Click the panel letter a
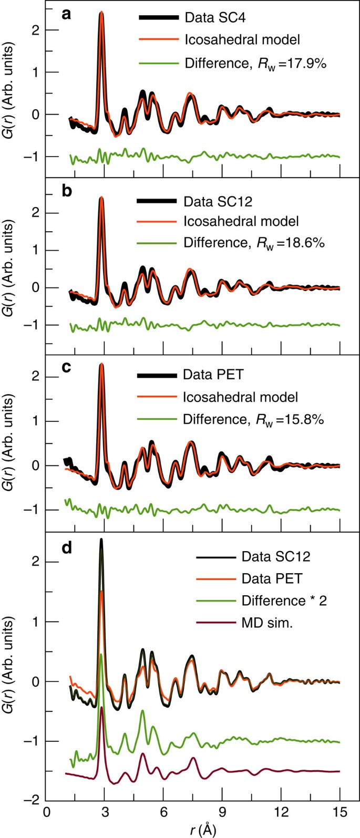(67, 14)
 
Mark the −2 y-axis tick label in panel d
(36, 801)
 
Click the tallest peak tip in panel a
(101, 12)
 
